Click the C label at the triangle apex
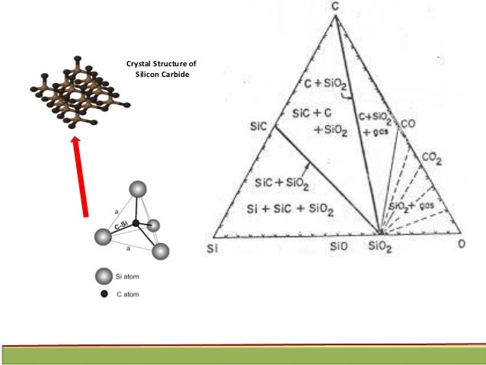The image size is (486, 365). tap(334, 7)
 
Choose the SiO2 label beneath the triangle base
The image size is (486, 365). tap(380, 246)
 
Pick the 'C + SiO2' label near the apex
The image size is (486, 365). tap(313, 79)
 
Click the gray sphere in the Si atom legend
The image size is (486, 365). tap(101, 275)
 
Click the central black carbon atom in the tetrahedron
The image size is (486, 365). tap(135, 223)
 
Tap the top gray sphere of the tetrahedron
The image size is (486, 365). tap(138, 191)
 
